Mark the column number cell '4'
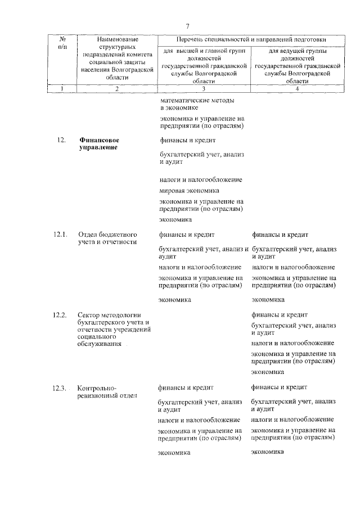pos(296,88)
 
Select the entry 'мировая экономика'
pos(189,191)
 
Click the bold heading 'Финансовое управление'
pos(99,143)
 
